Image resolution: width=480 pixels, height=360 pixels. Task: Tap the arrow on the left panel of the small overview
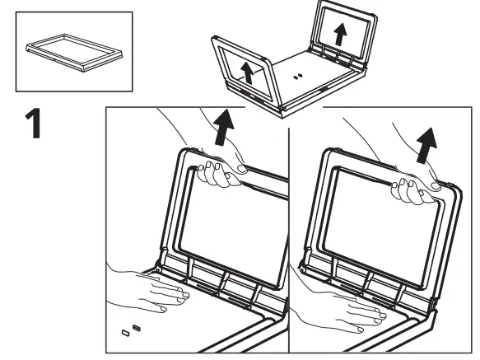coord(245,71)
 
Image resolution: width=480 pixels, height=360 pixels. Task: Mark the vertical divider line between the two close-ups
coord(289,231)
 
